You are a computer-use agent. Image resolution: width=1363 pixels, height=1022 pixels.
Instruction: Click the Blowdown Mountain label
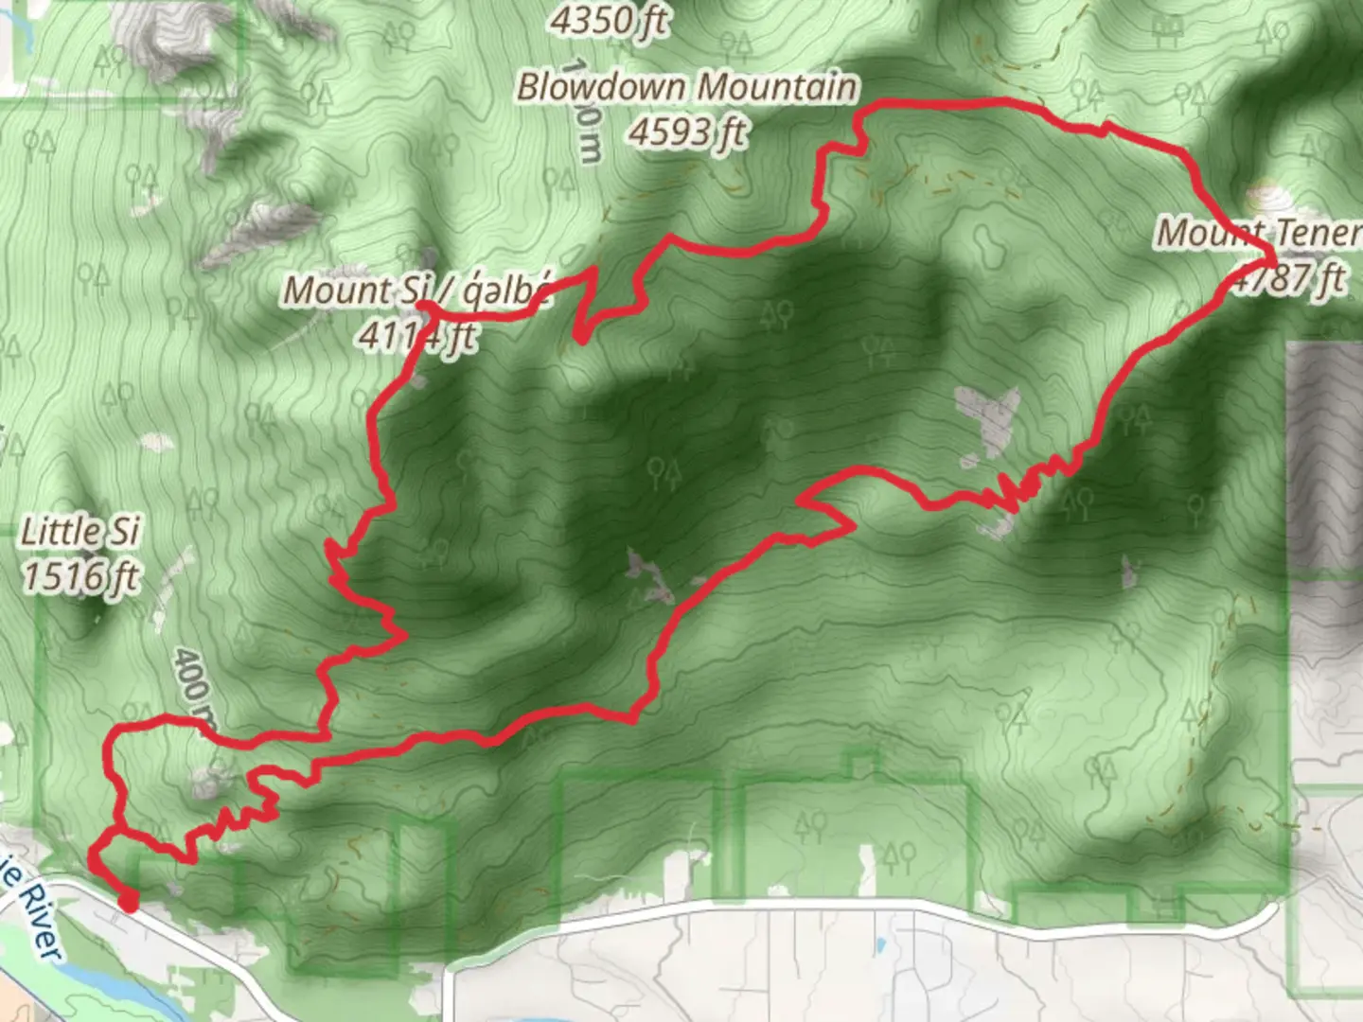(x=687, y=87)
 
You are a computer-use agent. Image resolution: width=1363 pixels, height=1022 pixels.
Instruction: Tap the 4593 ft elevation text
(x=687, y=132)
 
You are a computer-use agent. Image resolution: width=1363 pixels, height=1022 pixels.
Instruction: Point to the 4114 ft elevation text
(x=416, y=335)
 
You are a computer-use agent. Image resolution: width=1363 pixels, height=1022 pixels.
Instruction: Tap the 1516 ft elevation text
(x=81, y=575)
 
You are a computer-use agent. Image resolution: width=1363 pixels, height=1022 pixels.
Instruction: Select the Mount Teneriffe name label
(x=1259, y=232)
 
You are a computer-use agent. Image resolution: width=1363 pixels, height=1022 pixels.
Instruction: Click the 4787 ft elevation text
(x=1287, y=279)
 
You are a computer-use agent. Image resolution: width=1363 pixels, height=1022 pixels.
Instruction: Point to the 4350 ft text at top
(x=608, y=21)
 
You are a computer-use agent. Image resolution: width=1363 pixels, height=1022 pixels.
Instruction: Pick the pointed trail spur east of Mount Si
(x=580, y=337)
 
